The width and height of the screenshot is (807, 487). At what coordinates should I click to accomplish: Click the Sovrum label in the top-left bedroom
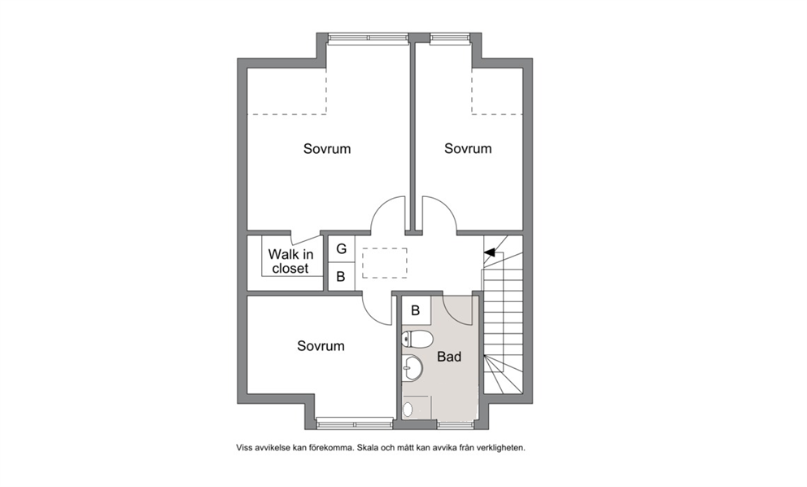[327, 149]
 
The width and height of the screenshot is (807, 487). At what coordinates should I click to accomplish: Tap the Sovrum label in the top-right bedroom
[468, 148]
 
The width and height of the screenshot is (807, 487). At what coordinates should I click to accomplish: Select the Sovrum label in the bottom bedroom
[321, 346]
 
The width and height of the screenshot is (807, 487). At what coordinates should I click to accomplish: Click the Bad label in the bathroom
[449, 357]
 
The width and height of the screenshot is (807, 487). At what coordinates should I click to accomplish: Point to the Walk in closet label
[290, 261]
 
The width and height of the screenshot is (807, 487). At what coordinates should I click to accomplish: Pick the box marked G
[341, 249]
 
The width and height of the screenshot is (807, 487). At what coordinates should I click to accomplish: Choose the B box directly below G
[341, 277]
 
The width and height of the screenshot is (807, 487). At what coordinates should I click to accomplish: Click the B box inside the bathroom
[416, 311]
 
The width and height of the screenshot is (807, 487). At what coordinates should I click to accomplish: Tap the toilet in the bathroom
[417, 339]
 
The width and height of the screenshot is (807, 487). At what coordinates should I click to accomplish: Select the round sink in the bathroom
[412, 367]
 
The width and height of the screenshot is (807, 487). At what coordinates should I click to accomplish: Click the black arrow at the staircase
[490, 252]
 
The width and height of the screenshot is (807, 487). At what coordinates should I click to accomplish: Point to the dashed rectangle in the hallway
[385, 263]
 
